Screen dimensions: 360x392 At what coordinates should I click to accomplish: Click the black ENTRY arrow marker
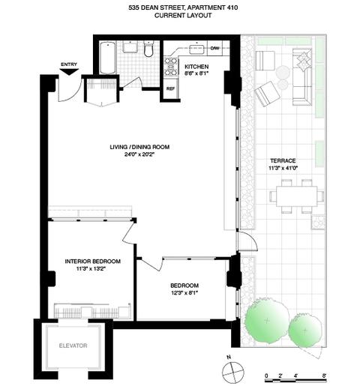tap(69, 72)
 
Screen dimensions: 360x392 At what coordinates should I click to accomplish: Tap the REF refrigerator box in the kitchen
tap(170, 88)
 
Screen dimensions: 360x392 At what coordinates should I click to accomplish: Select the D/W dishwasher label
tap(215, 48)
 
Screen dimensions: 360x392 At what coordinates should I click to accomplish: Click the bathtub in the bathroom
tap(108, 58)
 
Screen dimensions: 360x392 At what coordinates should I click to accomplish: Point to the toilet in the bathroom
tap(148, 49)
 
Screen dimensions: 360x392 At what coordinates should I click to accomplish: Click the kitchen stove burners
tap(170, 67)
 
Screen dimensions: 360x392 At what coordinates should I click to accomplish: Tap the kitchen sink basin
tap(197, 49)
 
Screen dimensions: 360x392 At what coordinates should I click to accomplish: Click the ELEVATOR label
tap(73, 346)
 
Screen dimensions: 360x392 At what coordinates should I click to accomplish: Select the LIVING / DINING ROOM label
tap(139, 147)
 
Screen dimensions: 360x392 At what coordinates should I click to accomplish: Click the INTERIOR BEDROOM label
tap(93, 262)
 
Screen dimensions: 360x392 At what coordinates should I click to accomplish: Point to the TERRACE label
tap(283, 160)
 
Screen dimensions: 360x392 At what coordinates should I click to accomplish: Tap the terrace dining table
tap(297, 196)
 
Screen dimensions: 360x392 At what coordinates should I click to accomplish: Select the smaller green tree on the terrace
tap(304, 330)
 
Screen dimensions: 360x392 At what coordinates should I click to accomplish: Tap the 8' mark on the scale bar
tap(325, 376)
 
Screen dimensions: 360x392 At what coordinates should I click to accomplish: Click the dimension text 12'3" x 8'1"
tap(184, 293)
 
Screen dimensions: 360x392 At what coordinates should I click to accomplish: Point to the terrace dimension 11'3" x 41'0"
tap(283, 168)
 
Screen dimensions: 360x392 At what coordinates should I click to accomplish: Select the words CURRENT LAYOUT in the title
tap(183, 16)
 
